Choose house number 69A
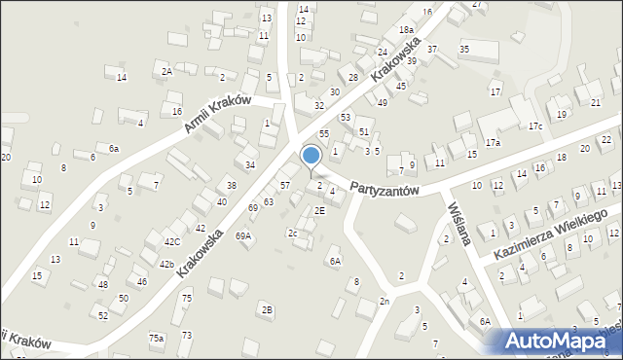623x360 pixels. coord(243,235)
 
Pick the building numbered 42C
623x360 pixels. coord(172,241)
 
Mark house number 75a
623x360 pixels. coord(156,337)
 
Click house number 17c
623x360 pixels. coord(535,126)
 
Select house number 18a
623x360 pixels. coord(405,31)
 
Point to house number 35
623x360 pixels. coord(464,49)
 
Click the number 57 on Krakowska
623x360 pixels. coord(285,185)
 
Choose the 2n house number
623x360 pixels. coord(385,302)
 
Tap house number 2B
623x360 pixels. coord(267,309)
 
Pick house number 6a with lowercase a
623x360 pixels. coord(114,148)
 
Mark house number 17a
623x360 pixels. coord(494,143)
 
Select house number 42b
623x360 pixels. coord(166,264)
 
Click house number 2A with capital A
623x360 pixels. coord(167,71)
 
